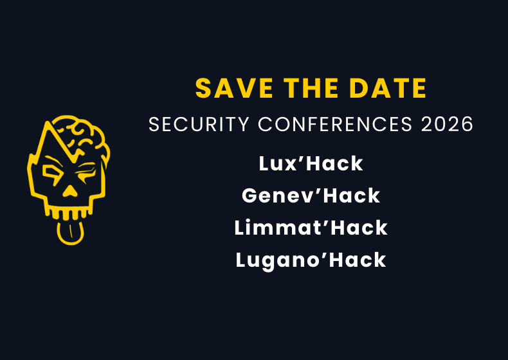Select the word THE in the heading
[x=304, y=89]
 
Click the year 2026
[x=448, y=124]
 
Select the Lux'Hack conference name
[x=311, y=163]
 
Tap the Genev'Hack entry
[x=311, y=195]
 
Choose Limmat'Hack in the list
[x=311, y=228]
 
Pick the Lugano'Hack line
[x=311, y=260]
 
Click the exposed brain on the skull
[x=87, y=138]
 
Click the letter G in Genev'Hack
[x=251, y=195]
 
